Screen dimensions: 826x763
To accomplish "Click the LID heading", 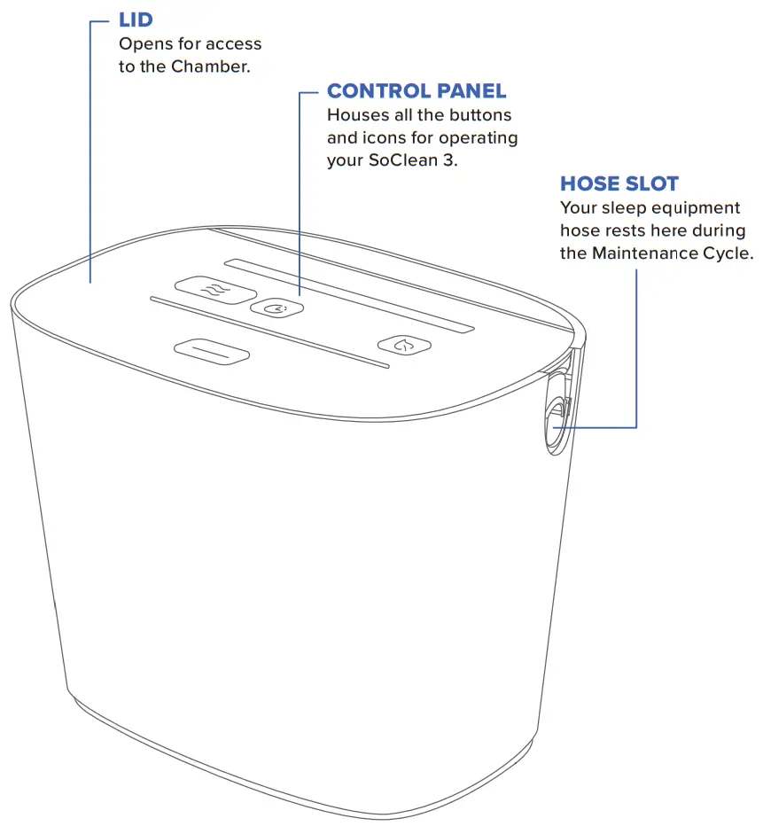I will click(x=136, y=19).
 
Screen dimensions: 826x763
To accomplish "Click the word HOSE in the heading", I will click(x=588, y=184).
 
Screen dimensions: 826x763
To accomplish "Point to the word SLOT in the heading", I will click(x=650, y=184).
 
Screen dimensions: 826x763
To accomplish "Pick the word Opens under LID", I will click(x=142, y=43).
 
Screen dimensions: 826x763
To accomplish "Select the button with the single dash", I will click(x=212, y=352).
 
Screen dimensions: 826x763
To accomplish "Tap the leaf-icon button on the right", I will click(x=405, y=346).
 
